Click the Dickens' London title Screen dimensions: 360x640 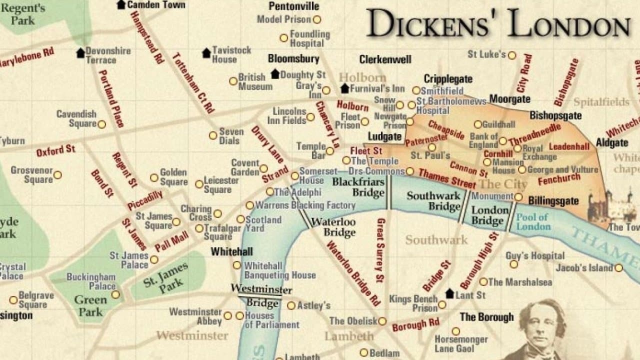497,23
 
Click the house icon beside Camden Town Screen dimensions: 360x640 121,4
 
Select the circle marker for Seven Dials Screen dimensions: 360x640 213,135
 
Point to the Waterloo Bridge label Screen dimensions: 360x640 333,227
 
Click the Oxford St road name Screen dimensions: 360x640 55,150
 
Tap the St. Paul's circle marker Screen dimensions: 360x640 432,147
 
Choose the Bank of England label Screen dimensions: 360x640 483,140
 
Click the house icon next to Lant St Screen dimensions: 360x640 449,294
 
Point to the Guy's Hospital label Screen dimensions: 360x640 535,255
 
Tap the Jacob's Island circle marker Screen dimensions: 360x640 618,268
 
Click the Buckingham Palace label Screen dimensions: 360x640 91,281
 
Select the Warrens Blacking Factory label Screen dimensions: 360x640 305,205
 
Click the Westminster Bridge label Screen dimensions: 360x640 261,296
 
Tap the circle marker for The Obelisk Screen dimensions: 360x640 382,321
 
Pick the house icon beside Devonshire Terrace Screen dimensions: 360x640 80,53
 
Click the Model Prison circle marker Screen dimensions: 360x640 316,19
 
